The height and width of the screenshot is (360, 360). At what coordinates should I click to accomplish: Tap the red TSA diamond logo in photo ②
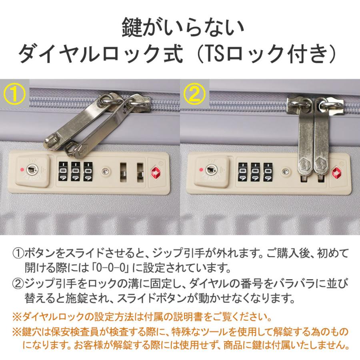point(337,172)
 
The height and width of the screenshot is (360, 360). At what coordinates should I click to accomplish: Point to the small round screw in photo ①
point(104,171)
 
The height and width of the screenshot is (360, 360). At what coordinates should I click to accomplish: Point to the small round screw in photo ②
point(285,171)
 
